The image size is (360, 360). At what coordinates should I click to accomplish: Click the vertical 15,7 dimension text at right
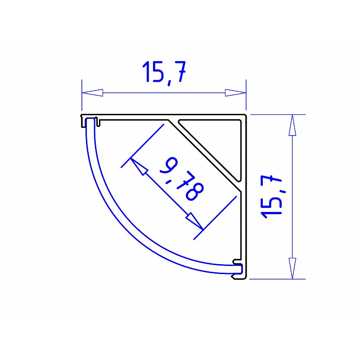coord(271,197)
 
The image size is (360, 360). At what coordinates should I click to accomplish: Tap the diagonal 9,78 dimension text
coord(182,179)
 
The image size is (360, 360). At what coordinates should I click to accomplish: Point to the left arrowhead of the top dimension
coord(92,93)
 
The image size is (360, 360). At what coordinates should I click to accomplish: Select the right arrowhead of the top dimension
coord(235,93)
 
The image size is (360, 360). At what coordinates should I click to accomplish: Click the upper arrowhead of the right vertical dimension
coord(292,125)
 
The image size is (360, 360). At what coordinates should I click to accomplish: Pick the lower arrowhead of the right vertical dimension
coord(292,268)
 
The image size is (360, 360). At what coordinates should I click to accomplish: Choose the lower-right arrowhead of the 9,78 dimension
coord(194,221)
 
